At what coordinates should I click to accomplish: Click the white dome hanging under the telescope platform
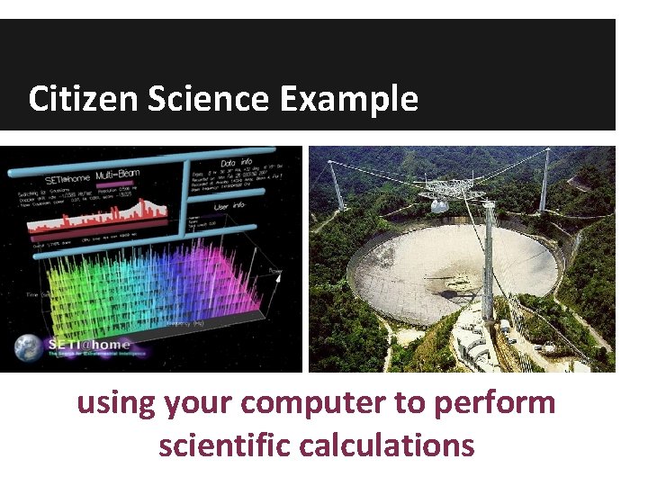pyautogui.click(x=439, y=206)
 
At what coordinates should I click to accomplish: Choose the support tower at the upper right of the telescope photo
pyautogui.click(x=544, y=180)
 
